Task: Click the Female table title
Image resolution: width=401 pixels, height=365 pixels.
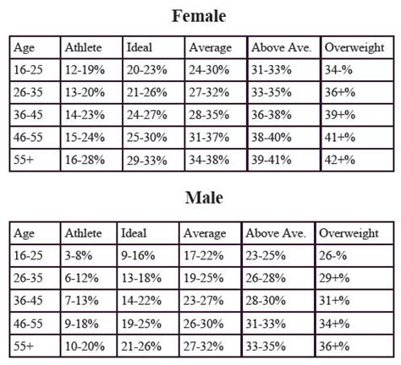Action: point(200,15)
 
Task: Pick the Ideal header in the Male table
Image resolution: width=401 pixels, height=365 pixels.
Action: point(134,233)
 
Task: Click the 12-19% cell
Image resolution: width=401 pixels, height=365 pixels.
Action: point(84,70)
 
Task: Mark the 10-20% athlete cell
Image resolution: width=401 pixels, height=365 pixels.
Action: point(85,345)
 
